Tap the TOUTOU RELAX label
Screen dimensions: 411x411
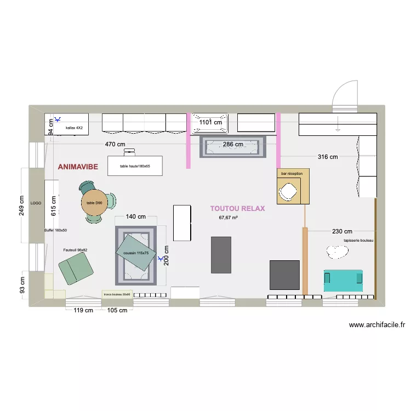237,209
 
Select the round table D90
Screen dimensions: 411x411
94,203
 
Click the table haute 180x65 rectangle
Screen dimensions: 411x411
135,165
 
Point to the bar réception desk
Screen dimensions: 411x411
293,186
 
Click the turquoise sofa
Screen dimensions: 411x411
343,280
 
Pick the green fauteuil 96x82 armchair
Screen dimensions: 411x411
75,269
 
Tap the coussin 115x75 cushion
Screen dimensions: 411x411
135,253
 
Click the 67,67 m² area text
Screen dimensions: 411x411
229,218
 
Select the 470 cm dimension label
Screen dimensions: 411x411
116,145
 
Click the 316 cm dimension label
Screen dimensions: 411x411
327,157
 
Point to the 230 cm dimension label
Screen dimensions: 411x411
342,231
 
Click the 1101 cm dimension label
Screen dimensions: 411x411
210,123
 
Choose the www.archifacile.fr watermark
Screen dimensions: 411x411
376,325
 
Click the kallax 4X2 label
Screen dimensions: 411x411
73,128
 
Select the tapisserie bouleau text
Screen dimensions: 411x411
358,241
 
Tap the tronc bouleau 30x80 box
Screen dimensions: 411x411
117,294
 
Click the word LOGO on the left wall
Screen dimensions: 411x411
36,203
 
